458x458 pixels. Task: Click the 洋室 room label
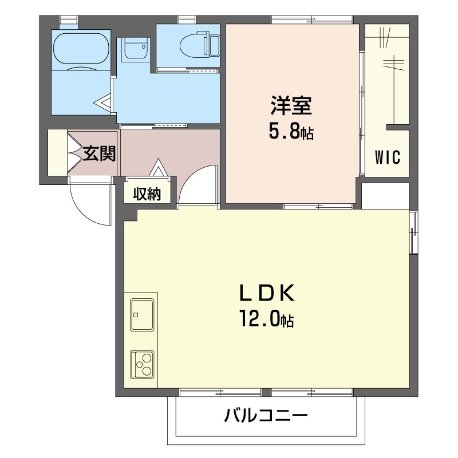pos(290,106)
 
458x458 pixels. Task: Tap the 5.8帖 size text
pos(291,133)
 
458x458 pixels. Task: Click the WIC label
pos(388,157)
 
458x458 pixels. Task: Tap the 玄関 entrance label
pos(100,153)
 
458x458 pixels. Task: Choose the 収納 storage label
pos(147,194)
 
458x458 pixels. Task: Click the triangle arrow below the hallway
pos(159,169)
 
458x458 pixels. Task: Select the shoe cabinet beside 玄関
pos(57,152)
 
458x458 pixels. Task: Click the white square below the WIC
pos(385,196)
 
